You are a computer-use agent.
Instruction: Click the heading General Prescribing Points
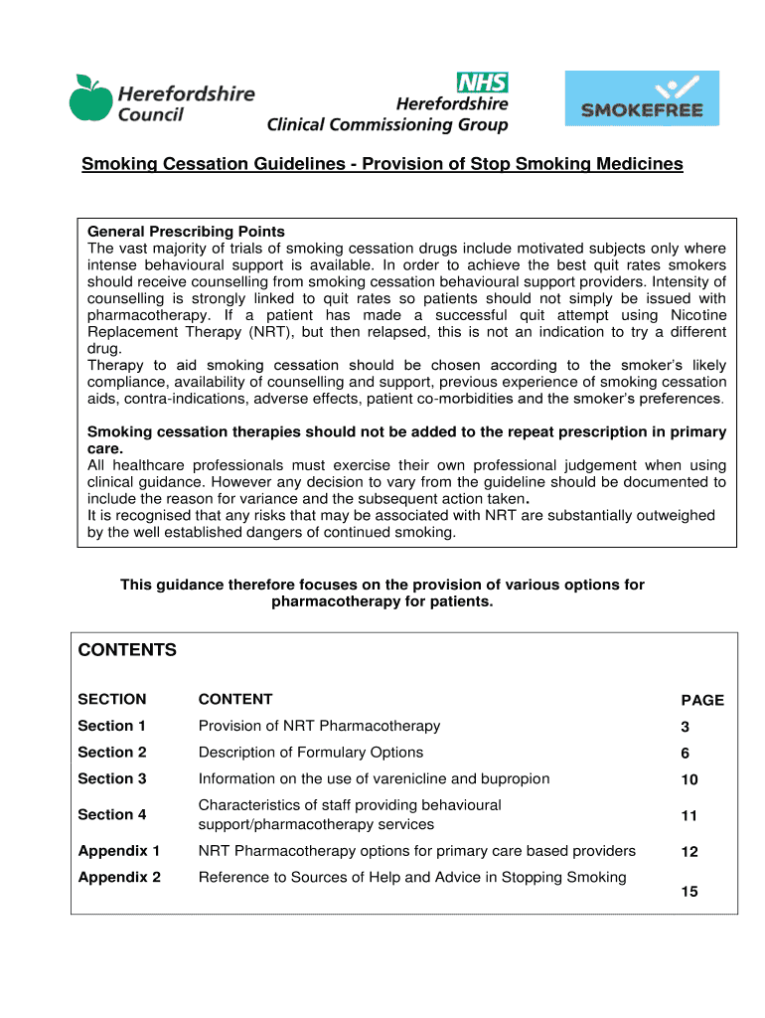(x=186, y=232)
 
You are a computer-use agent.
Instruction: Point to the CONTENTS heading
(x=127, y=650)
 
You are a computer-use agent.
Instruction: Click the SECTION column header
(x=112, y=699)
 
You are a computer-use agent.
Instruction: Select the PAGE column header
(x=701, y=700)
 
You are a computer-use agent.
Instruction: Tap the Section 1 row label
(x=112, y=726)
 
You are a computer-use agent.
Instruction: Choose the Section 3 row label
(x=112, y=778)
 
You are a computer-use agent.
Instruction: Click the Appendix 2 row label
(x=119, y=877)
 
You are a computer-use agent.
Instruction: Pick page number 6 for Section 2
(x=686, y=754)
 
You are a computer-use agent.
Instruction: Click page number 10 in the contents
(x=689, y=780)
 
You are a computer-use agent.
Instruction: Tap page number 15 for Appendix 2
(x=689, y=892)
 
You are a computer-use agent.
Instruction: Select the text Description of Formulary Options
(x=311, y=753)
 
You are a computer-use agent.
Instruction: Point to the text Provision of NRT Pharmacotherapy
(x=319, y=726)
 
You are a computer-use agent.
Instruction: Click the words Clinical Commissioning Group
(x=387, y=125)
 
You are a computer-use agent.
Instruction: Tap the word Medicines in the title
(x=638, y=163)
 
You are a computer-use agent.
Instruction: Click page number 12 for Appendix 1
(x=689, y=852)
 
